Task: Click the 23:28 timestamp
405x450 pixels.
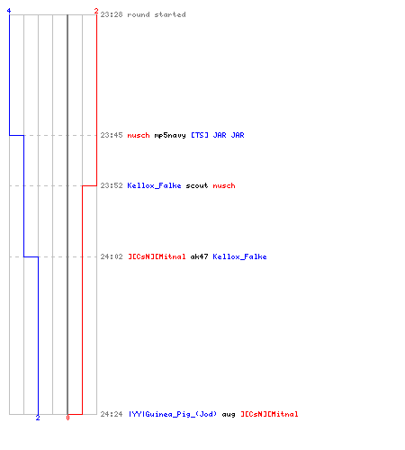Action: (112, 14)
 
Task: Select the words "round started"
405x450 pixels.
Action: (157, 14)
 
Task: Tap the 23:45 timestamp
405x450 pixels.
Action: (112, 135)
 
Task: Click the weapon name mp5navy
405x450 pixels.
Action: (170, 136)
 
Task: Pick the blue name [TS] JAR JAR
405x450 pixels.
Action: (218, 135)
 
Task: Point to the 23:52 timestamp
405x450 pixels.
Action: (112, 185)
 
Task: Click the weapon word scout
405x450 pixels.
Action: (197, 185)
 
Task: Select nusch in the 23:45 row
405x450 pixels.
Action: (139, 135)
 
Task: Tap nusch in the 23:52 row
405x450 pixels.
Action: (224, 185)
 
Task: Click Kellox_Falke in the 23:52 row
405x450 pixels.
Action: (154, 185)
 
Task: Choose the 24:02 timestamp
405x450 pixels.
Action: (112, 256)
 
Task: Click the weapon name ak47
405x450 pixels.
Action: (199, 256)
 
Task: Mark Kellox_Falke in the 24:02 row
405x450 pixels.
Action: (239, 256)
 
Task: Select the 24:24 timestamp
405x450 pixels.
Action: (112, 414)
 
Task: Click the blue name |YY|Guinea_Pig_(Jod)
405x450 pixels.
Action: (173, 414)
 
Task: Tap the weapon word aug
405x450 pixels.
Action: (229, 415)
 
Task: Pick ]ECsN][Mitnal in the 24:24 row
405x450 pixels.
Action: (269, 414)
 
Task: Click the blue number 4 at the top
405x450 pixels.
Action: (9, 11)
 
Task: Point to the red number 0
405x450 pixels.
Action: (67, 418)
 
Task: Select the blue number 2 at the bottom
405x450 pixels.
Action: (38, 418)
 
